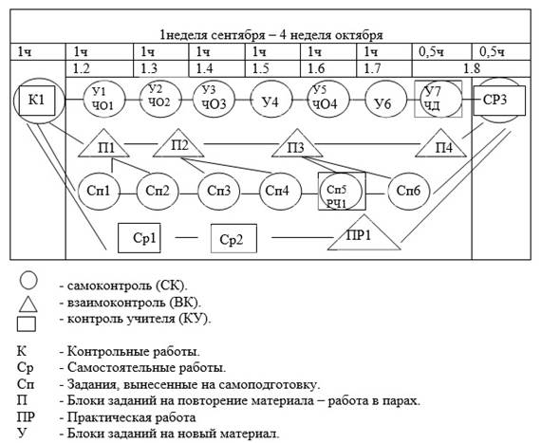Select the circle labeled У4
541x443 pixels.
[x=271, y=101]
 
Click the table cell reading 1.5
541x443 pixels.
[x=272, y=68]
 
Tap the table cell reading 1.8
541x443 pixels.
[x=472, y=68]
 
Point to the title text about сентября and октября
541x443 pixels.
[x=271, y=35]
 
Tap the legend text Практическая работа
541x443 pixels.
[x=132, y=417]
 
